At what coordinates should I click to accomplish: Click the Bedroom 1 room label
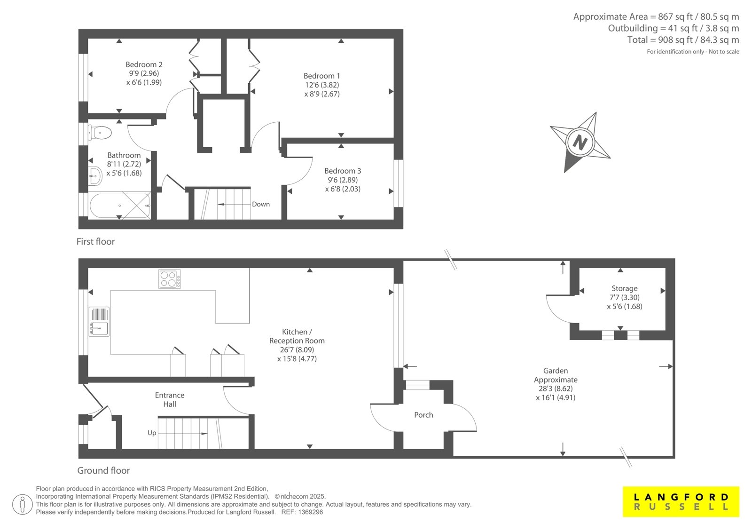[x=321, y=76]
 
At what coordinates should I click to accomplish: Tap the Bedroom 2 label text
[x=144, y=64]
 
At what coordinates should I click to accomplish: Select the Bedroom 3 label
[x=343, y=171]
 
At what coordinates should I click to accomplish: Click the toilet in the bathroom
[x=100, y=133]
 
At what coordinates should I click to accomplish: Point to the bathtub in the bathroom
[x=119, y=206]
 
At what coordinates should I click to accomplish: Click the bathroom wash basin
[x=95, y=176]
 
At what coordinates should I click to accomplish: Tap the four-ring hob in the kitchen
[x=170, y=279]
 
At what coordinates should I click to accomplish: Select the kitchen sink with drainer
[x=99, y=322]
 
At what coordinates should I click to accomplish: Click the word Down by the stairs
[x=261, y=204]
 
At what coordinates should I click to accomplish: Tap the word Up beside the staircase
[x=152, y=433]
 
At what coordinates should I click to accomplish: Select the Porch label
[x=423, y=415]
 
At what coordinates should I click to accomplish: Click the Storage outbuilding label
[x=625, y=289]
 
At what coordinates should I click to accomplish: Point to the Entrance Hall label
[x=170, y=400]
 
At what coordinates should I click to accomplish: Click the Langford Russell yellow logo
[x=681, y=501]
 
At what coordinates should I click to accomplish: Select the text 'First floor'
[x=96, y=242]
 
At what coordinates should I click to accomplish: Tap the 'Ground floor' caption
[x=103, y=470]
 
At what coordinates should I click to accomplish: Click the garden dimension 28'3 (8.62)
[x=556, y=389]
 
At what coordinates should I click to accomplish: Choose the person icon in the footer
[x=22, y=504]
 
